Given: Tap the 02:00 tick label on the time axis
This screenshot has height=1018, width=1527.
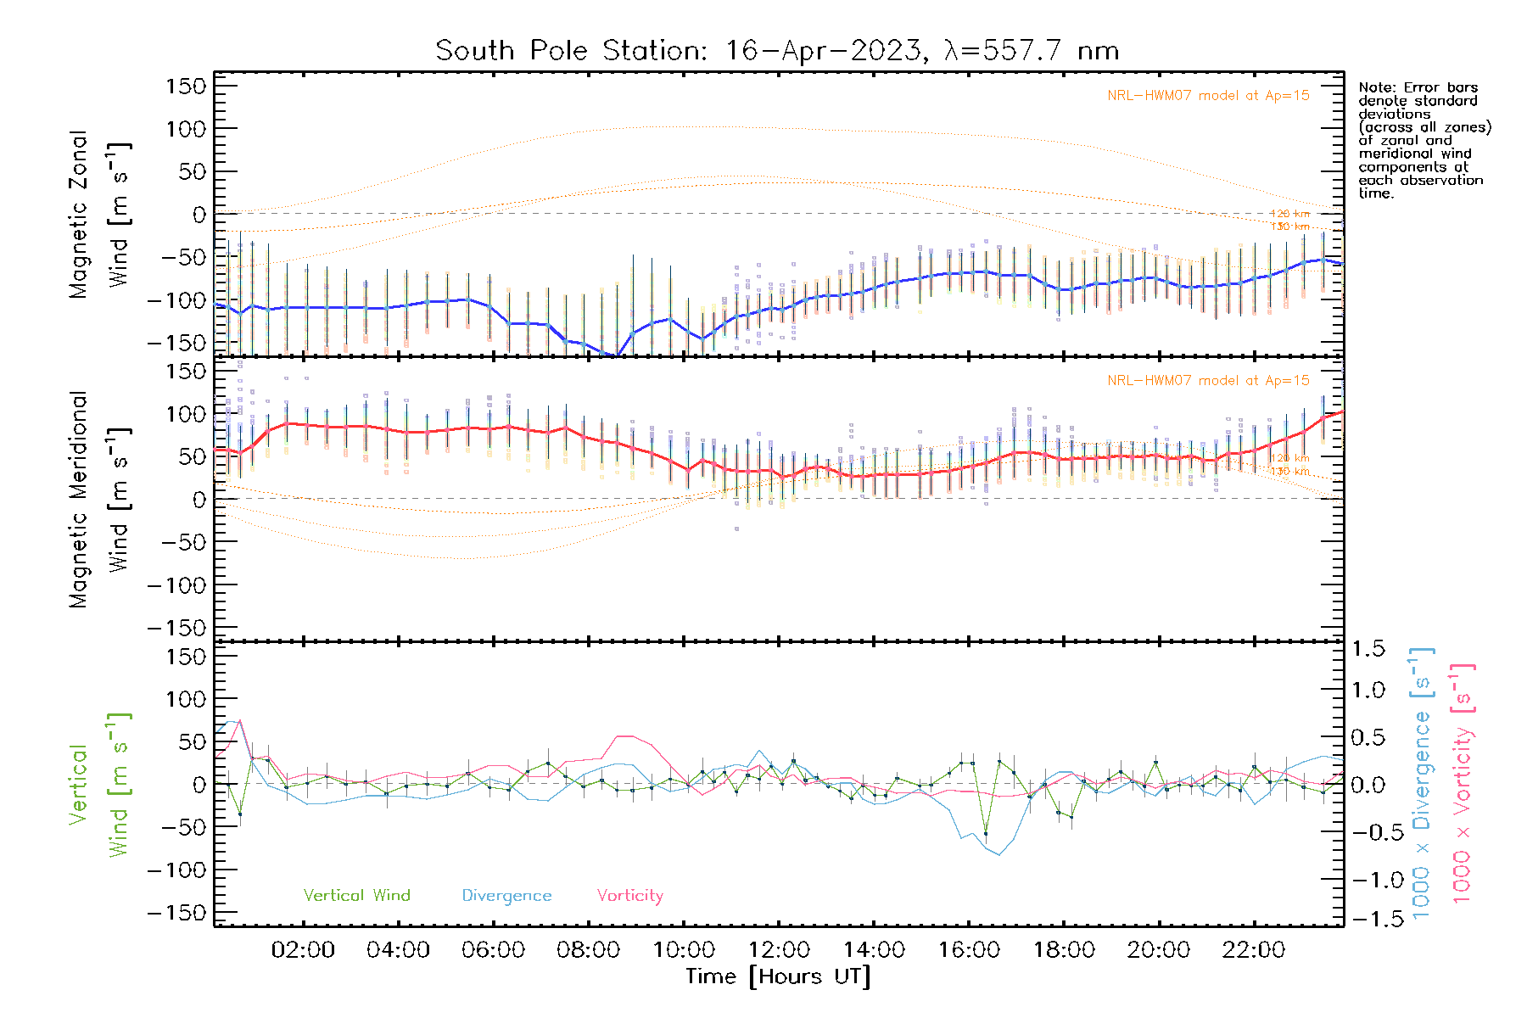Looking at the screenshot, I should (x=303, y=950).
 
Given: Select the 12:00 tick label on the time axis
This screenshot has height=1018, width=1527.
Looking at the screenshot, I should (x=779, y=950).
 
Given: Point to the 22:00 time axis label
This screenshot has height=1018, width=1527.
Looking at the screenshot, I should (x=1254, y=950).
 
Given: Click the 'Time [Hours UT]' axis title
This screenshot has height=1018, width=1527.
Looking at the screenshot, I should (x=778, y=977).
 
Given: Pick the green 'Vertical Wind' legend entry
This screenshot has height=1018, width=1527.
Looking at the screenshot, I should (x=356, y=896).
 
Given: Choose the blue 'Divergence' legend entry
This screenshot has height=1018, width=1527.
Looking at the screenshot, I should (x=506, y=896).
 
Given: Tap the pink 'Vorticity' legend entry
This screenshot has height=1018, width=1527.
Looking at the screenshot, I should (x=629, y=896).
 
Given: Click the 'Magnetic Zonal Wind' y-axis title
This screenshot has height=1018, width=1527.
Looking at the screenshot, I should (x=98, y=214).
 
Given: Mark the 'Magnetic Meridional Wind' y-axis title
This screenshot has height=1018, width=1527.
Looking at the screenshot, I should (x=98, y=499).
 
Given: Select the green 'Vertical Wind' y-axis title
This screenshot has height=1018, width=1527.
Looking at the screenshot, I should (x=98, y=784).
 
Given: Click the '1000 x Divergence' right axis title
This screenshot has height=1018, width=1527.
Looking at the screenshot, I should (x=1422, y=784).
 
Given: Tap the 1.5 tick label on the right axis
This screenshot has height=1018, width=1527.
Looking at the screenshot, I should (x=1368, y=649).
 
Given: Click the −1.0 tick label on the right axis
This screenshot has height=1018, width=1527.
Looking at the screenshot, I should (x=1368, y=880).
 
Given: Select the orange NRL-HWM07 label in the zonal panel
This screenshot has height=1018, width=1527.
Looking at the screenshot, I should (x=1208, y=96).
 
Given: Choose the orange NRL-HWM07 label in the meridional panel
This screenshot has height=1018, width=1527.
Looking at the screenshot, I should (x=1208, y=381).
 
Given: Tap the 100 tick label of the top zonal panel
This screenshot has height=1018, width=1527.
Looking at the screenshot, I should (x=187, y=129).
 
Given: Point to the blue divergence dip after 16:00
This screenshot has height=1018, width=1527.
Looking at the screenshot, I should (x=999, y=853).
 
